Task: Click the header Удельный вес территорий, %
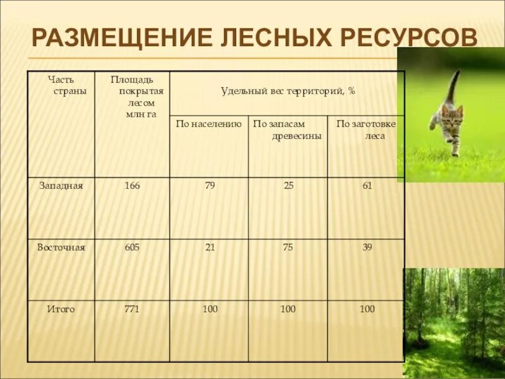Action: pyautogui.click(x=288, y=91)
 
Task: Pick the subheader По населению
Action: pyautogui.click(x=209, y=124)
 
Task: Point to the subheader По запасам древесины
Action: pyautogui.click(x=287, y=129)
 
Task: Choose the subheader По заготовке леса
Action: pyautogui.click(x=366, y=129)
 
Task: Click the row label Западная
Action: pyautogui.click(x=61, y=186)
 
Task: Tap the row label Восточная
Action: pyautogui.click(x=61, y=248)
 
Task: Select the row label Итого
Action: pyautogui.click(x=61, y=309)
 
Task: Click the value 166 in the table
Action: pyautogui.click(x=132, y=186)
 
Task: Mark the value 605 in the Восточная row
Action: pyautogui.click(x=132, y=248)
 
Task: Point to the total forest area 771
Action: pyautogui.click(x=132, y=309)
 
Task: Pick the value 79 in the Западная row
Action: pyautogui.click(x=210, y=186)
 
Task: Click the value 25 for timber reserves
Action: pyautogui.click(x=288, y=186)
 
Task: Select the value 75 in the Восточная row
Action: pyautogui.click(x=288, y=248)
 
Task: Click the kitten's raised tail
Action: pyautogui.click(x=453, y=85)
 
